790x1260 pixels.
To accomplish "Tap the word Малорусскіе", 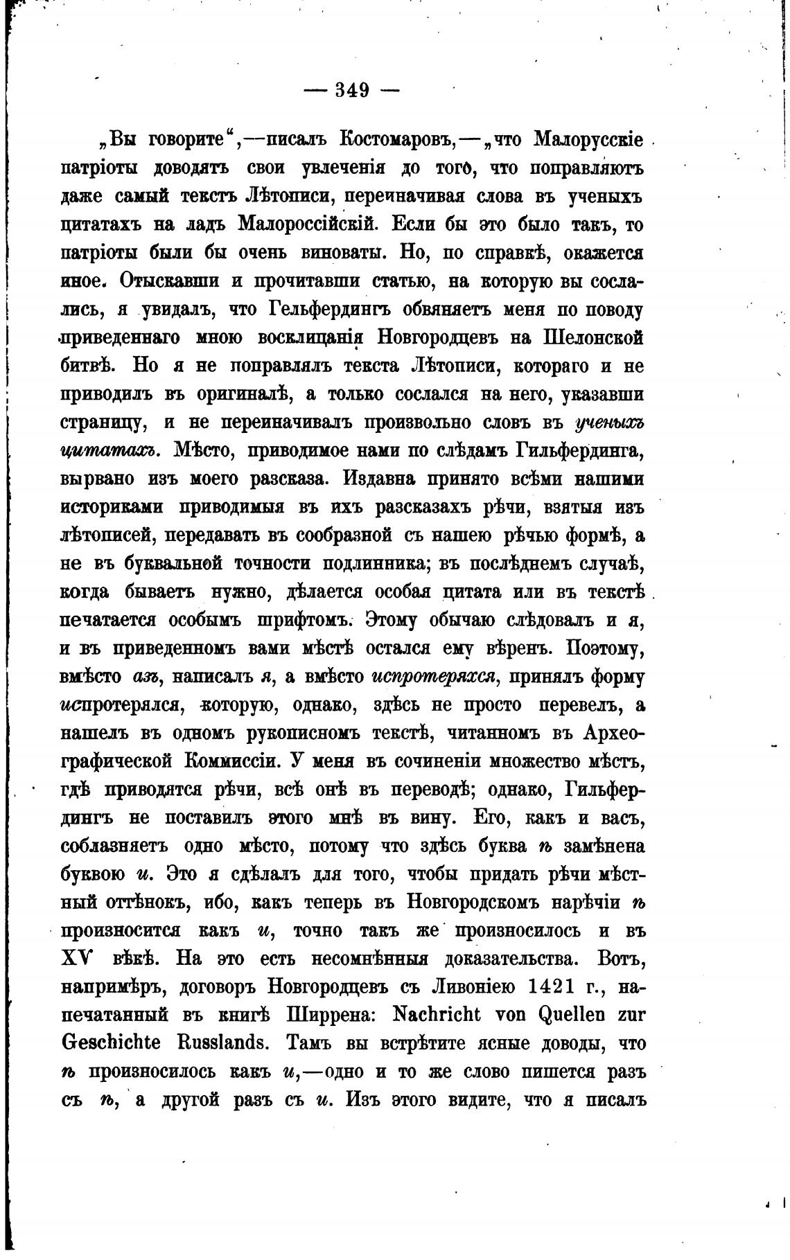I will [x=589, y=139].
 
